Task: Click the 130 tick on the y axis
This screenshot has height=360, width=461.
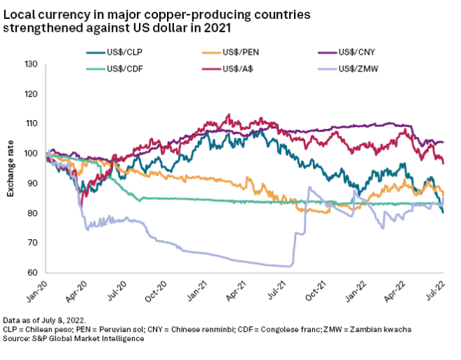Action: (x=30, y=65)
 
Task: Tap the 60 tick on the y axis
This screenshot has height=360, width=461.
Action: (x=32, y=272)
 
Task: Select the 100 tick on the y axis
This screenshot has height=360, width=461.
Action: (x=30, y=154)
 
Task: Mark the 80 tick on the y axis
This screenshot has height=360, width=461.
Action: (x=32, y=213)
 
